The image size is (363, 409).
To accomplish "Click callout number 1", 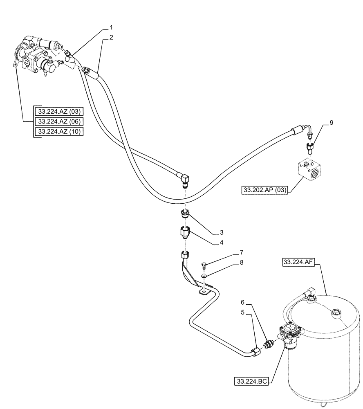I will click(x=111, y=27).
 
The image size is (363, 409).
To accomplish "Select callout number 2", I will click(x=111, y=37).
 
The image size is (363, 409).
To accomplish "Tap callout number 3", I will click(x=222, y=232).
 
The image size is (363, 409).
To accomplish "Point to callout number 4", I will click(x=222, y=243).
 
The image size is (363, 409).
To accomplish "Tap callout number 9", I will click(x=331, y=122).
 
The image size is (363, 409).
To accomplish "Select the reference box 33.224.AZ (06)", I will click(x=59, y=121).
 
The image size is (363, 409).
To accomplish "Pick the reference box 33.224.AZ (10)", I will click(x=59, y=132).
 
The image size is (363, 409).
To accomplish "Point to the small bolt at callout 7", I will click(x=203, y=267).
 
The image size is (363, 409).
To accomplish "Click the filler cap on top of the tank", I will click(x=335, y=314).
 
